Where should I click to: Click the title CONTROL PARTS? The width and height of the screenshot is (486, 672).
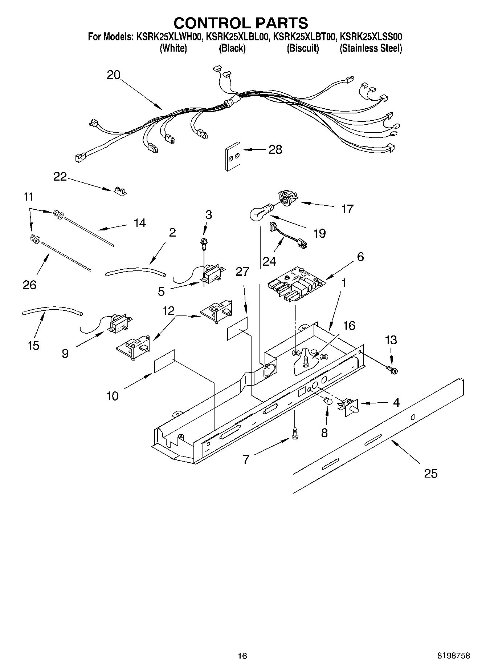pyautogui.click(x=241, y=23)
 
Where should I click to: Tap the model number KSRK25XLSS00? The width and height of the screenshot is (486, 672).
pyautogui.click(x=371, y=37)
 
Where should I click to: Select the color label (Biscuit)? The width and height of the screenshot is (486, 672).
pyautogui.click(x=303, y=48)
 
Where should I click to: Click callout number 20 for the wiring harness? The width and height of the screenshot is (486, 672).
pyautogui.click(x=113, y=75)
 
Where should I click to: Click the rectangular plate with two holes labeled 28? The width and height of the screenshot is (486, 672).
pyautogui.click(x=232, y=156)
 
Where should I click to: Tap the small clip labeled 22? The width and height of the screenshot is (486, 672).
pyautogui.click(x=119, y=191)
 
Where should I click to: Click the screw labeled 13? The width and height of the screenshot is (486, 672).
pyautogui.click(x=392, y=370)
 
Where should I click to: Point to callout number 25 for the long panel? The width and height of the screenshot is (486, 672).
pyautogui.click(x=431, y=474)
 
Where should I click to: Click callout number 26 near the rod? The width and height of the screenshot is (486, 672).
pyautogui.click(x=29, y=285)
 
